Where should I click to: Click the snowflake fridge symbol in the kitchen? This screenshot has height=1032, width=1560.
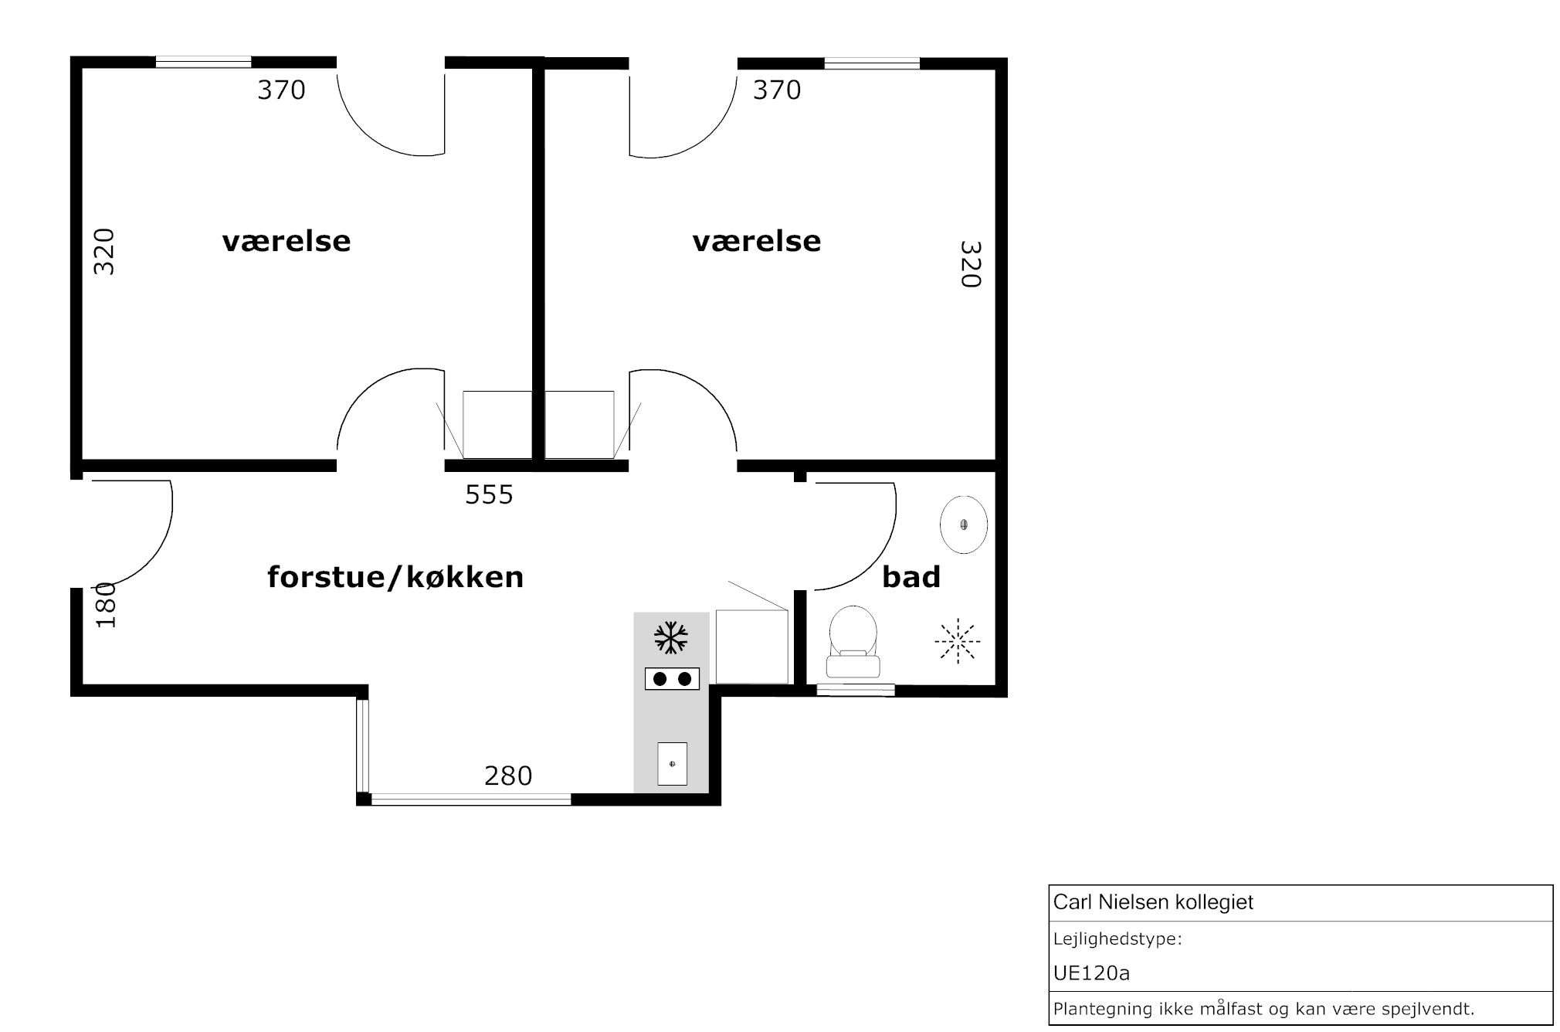click(671, 638)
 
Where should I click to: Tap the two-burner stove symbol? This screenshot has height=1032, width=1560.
click(672, 679)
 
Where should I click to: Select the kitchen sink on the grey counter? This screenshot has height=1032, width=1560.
click(672, 763)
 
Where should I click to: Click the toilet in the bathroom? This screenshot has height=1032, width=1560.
click(853, 642)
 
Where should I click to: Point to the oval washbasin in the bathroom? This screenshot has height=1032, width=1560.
click(964, 524)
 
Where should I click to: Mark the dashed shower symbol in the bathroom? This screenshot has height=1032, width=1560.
click(958, 640)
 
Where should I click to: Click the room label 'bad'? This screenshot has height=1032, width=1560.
click(911, 577)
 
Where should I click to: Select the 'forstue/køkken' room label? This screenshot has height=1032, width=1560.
click(395, 578)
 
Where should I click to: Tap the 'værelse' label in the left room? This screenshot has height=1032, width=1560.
click(287, 242)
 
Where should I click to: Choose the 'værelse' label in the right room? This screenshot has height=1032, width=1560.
click(757, 242)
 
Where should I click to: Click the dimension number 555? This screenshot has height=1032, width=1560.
click(489, 494)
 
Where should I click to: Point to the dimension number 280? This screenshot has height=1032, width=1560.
click(508, 776)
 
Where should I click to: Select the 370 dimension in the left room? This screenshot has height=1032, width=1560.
click(281, 90)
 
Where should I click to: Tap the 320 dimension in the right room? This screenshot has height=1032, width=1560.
click(970, 264)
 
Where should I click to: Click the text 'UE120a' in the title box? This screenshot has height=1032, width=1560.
click(1091, 973)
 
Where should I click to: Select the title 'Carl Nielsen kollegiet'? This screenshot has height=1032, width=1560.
click(1153, 902)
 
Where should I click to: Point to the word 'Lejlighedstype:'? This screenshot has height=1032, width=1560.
click(1117, 940)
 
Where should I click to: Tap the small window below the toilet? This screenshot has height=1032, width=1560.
click(856, 690)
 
